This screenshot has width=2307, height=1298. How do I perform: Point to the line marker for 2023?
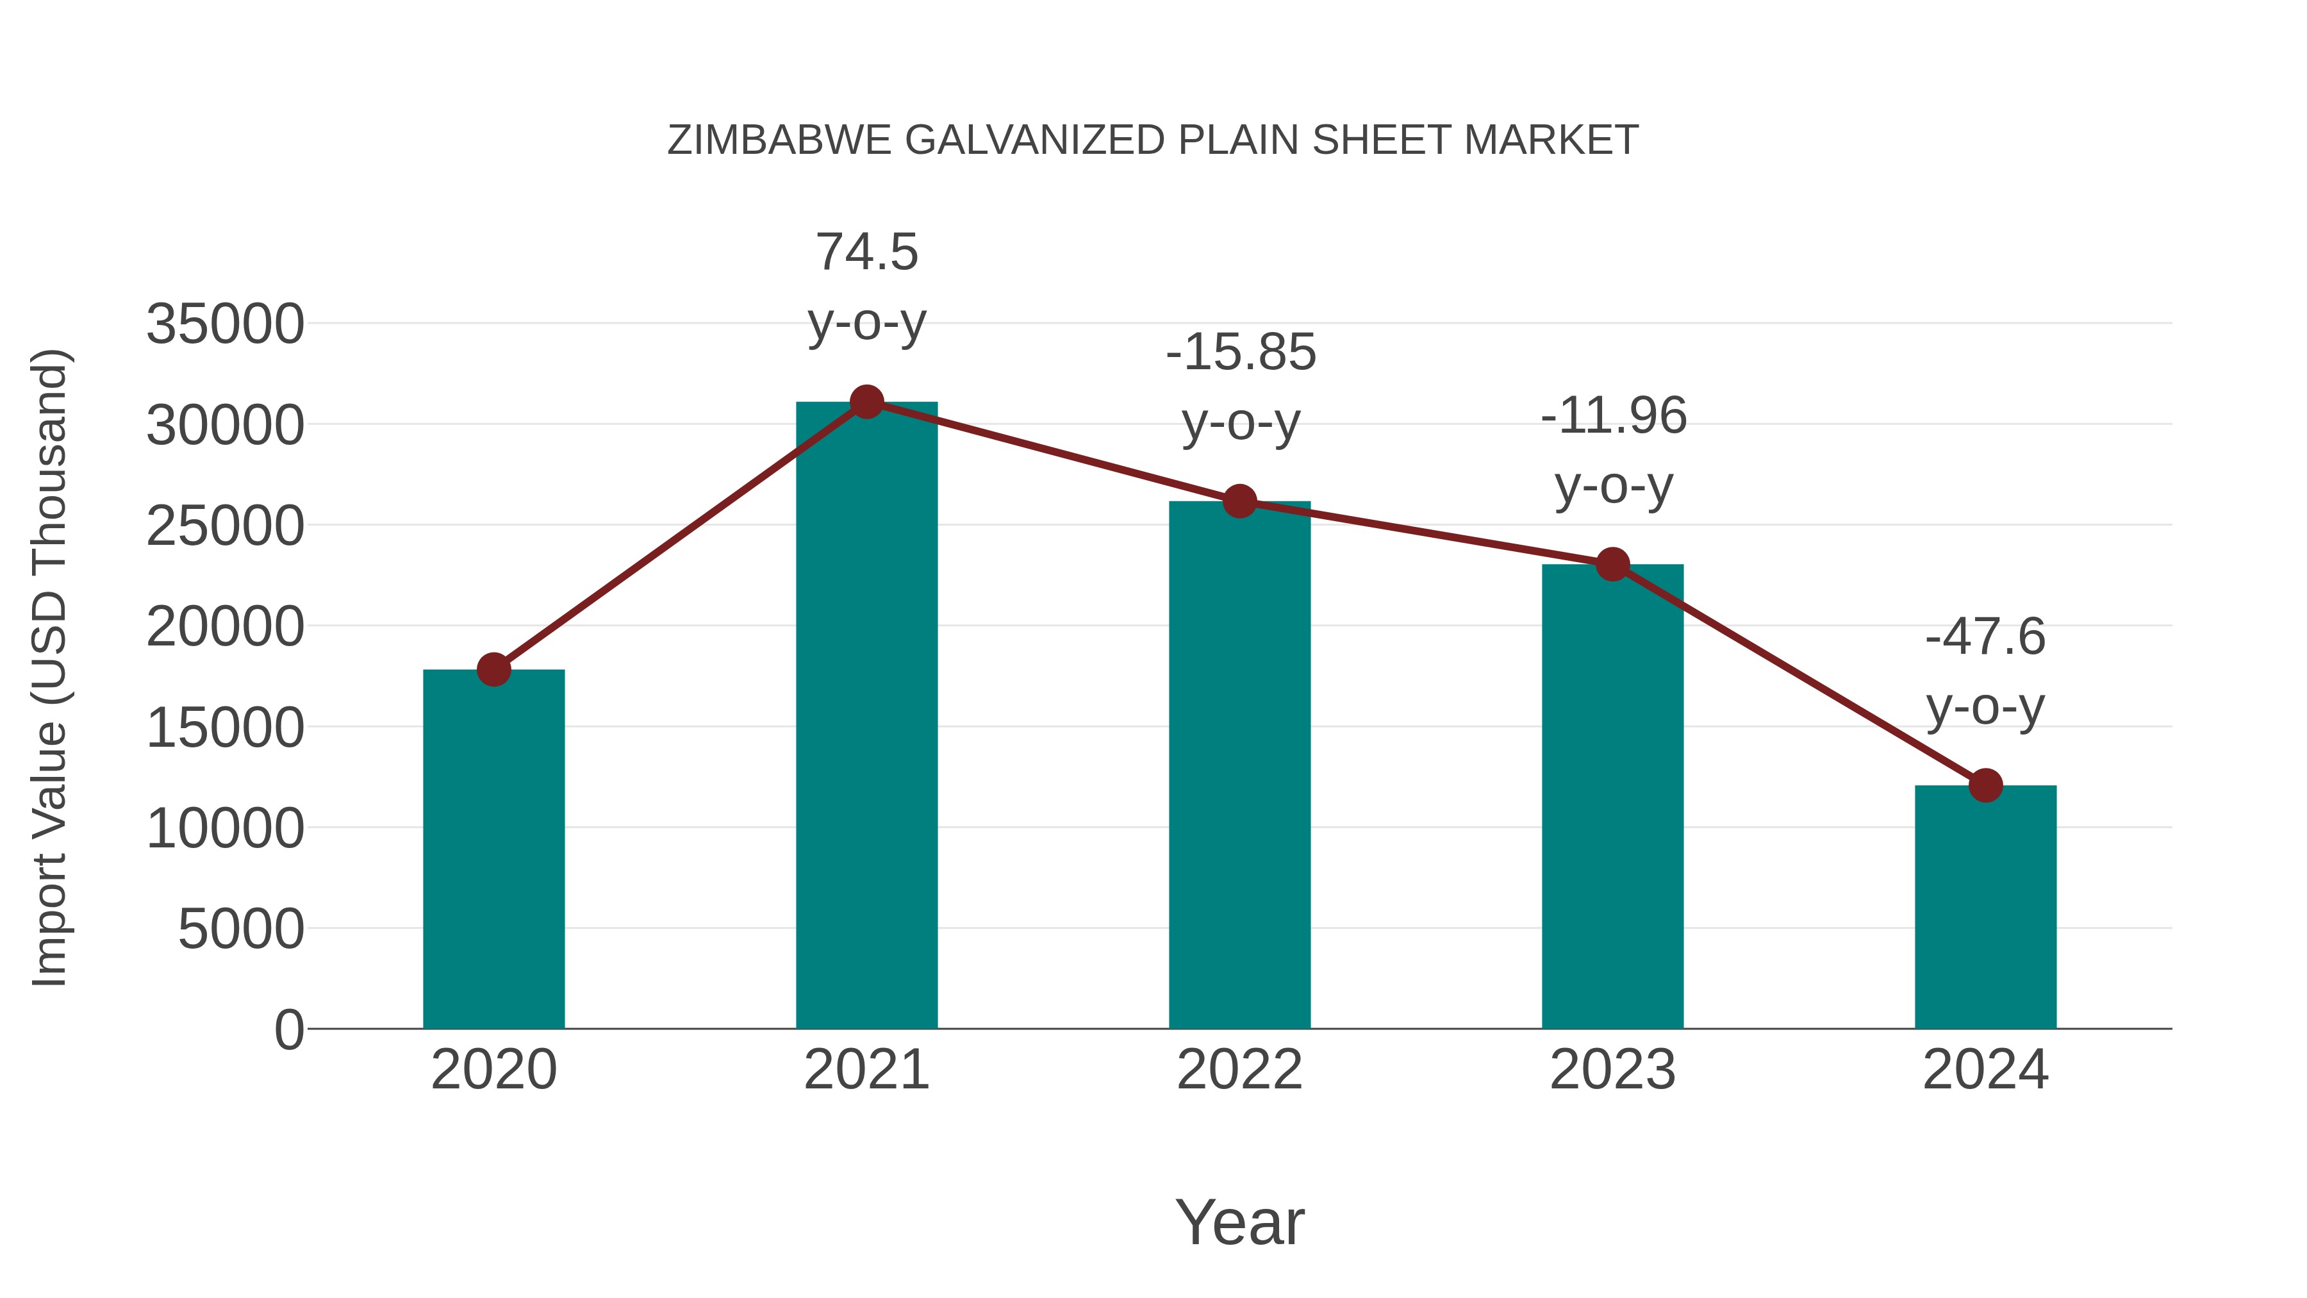1613,564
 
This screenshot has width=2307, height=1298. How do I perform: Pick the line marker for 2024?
1985,786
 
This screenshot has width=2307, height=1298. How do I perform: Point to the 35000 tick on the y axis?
225,324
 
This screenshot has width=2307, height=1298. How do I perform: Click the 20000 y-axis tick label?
225,627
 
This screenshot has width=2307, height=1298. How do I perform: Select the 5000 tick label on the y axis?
241,929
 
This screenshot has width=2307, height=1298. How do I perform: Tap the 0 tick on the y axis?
289,1030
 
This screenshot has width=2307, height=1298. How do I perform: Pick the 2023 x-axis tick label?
1613,1070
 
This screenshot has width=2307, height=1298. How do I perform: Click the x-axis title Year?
1239,1222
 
